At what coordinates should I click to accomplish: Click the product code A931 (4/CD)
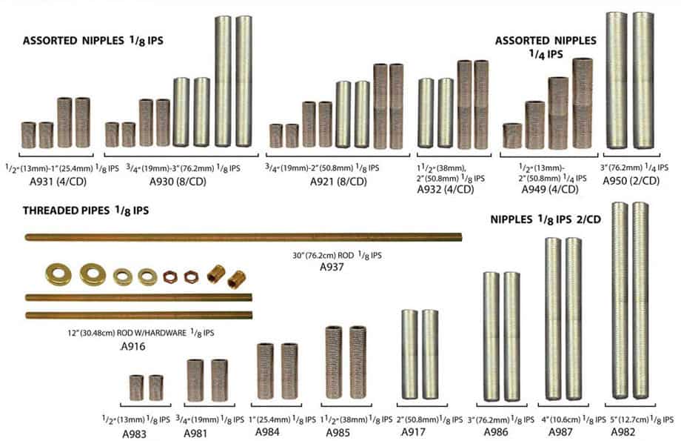pyautogui.click(x=56, y=179)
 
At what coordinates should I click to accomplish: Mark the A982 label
pyautogui.click(x=624, y=431)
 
